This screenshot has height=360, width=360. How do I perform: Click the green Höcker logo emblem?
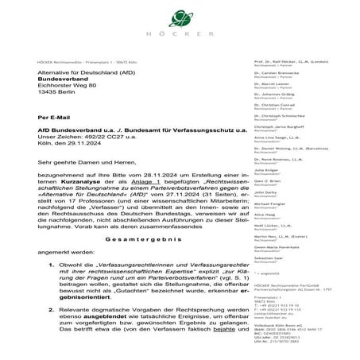[179, 17]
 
